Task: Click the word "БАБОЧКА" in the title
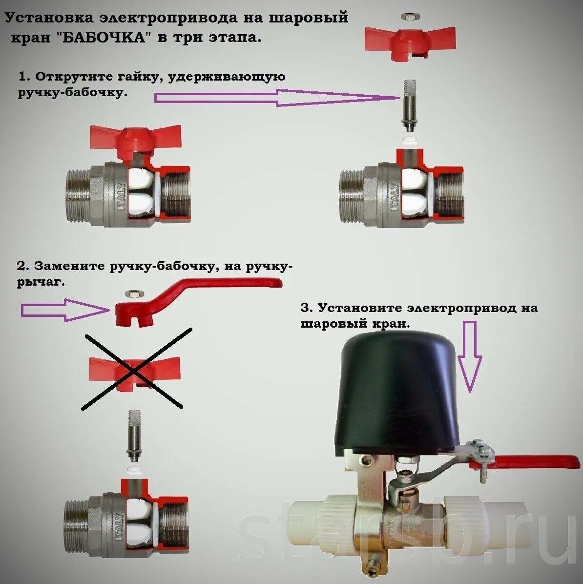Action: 105,38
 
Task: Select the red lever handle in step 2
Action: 195,293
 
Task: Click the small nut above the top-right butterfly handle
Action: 409,17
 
